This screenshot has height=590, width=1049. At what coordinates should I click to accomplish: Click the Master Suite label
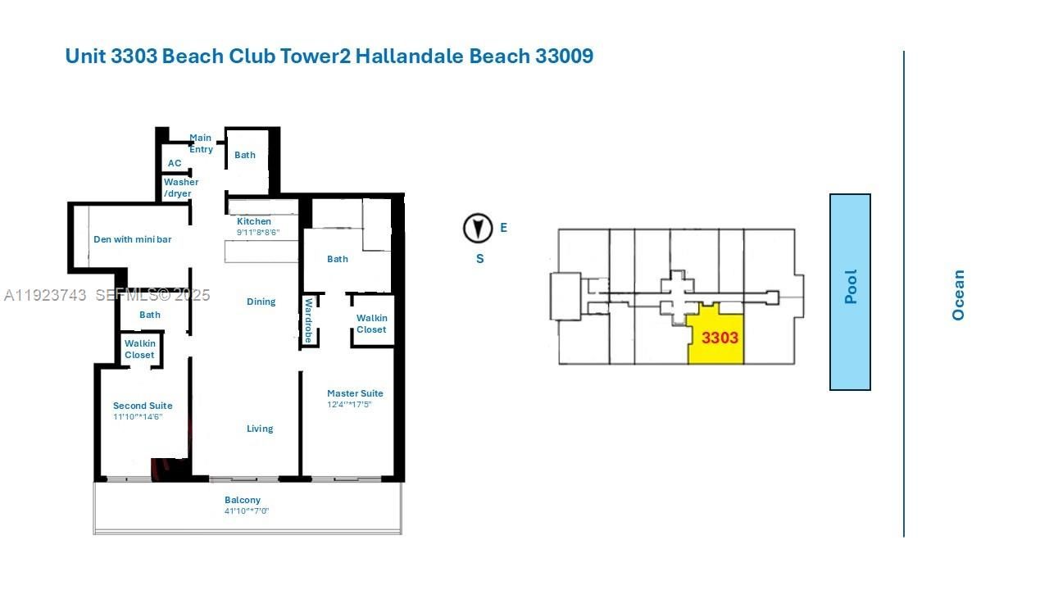(355, 393)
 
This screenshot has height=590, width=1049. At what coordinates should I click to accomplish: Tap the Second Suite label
(143, 406)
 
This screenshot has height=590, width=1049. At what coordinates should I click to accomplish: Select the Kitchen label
(254, 221)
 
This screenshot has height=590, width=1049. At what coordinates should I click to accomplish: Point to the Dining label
(261, 302)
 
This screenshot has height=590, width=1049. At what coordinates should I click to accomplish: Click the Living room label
(260, 429)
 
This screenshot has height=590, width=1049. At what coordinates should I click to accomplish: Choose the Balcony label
(243, 500)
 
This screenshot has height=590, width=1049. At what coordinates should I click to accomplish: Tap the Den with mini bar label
(133, 239)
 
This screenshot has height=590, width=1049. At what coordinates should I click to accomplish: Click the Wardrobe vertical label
(309, 320)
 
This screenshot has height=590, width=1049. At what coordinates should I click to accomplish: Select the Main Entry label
(201, 143)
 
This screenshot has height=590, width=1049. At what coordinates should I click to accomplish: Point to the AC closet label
(175, 163)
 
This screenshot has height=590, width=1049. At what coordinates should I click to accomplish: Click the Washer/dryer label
(179, 188)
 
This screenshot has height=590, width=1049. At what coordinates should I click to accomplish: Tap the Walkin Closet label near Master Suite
(371, 324)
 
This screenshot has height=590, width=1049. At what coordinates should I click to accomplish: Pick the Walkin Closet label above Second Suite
(139, 349)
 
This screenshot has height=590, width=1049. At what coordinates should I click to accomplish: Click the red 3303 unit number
(720, 338)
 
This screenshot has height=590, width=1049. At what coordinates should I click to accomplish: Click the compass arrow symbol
(478, 229)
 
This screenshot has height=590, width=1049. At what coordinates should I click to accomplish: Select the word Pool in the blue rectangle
(851, 287)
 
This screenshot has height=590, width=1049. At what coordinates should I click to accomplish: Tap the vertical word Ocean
(958, 295)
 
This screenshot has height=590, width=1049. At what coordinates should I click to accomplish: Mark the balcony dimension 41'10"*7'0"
(247, 511)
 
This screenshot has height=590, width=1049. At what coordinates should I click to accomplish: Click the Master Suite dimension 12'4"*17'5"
(349, 404)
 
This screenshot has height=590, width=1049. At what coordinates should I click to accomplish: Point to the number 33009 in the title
(564, 57)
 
